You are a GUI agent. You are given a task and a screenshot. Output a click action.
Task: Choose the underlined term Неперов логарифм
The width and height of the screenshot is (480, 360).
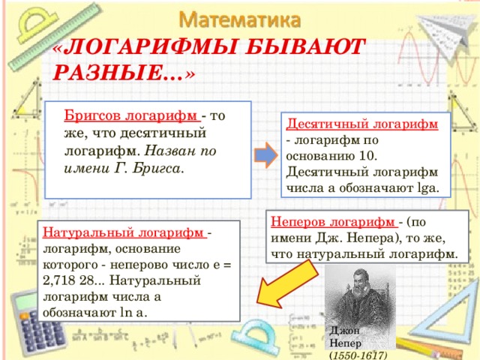(x=333, y=222)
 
